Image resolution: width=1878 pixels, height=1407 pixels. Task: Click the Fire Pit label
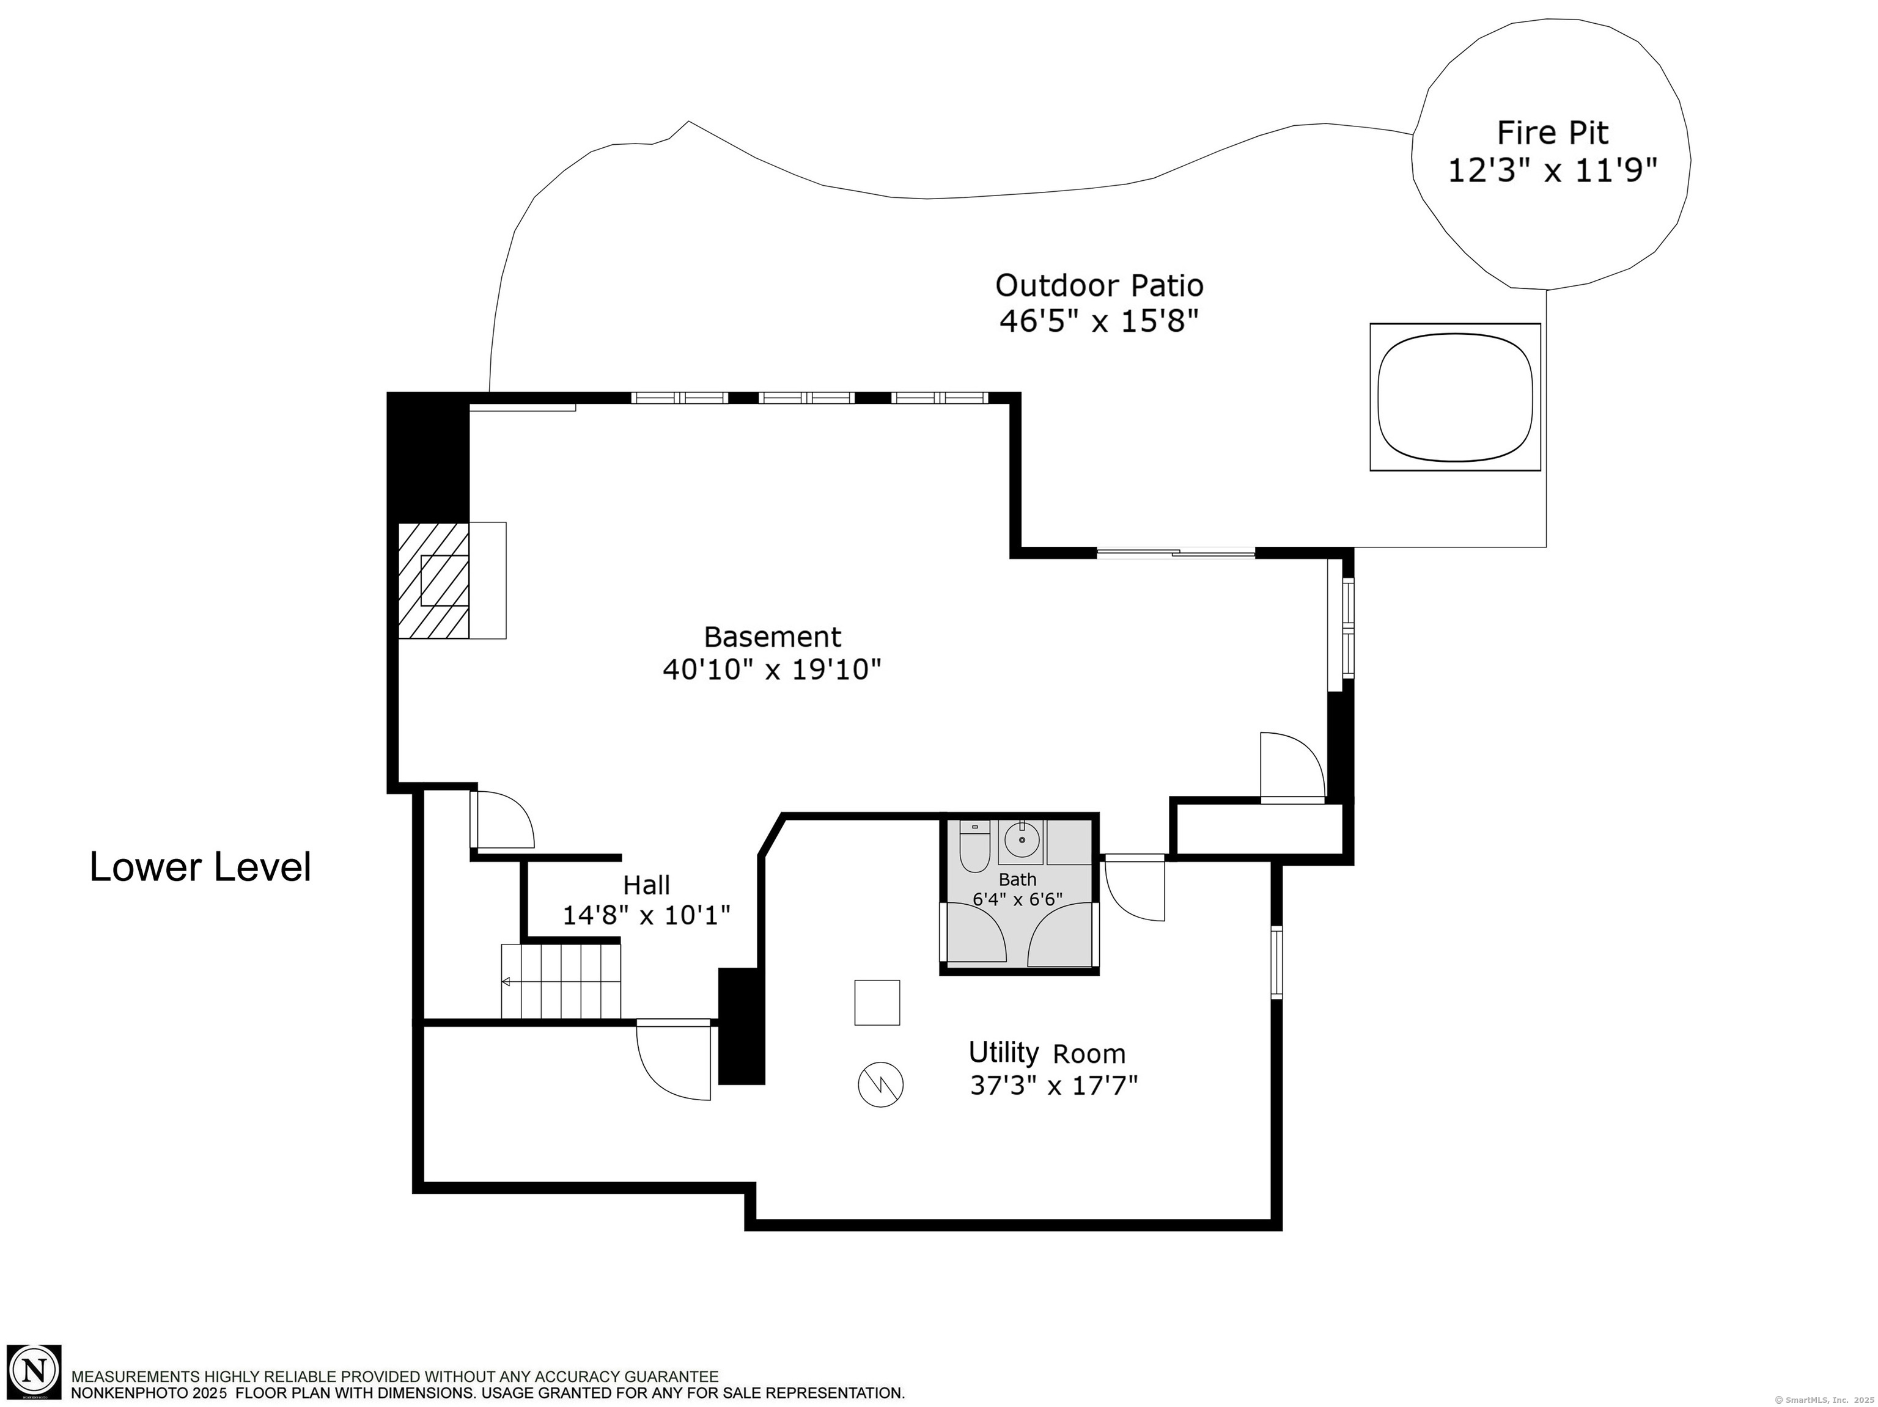pos(1552,133)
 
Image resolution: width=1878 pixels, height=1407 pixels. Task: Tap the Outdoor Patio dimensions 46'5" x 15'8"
pos(1099,321)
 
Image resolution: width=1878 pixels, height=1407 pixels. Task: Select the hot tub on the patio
pos(1455,397)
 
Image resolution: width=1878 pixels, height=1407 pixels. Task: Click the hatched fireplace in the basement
pos(434,580)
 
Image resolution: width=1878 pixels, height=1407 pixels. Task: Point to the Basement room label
pos(773,637)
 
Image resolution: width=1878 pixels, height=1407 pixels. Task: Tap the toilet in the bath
pos(974,846)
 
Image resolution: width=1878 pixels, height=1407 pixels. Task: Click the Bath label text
pos(1017,879)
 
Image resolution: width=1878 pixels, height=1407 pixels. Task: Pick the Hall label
pos(646,885)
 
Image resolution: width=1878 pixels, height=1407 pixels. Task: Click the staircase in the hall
pos(561,981)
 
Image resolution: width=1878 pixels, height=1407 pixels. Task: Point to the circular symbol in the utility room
pos(880,1084)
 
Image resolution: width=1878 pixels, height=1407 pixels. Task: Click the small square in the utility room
pos(877,1002)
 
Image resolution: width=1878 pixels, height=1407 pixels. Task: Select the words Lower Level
pos(201,866)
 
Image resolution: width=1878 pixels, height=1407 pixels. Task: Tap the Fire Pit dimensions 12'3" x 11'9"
pos(1552,172)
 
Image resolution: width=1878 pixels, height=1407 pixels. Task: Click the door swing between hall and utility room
pos(673,1059)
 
